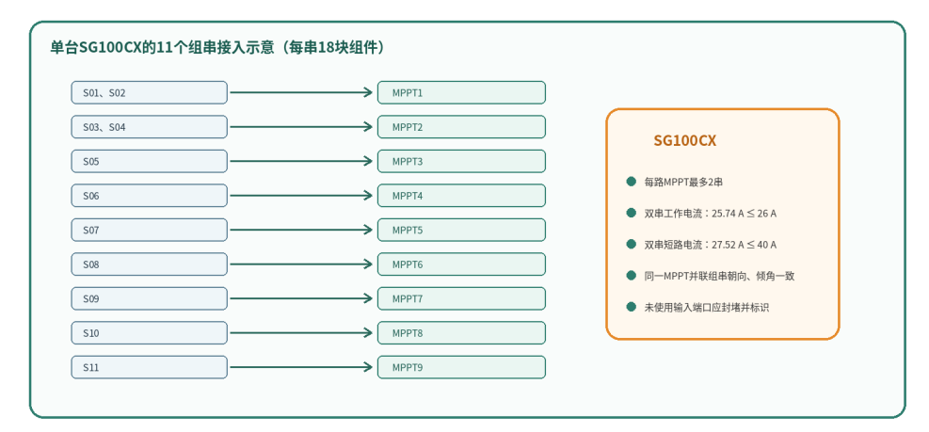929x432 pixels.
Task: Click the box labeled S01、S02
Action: (x=150, y=92)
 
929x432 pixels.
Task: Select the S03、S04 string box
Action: (x=150, y=127)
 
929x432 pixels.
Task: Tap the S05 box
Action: (x=150, y=161)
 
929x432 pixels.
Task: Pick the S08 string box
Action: (x=150, y=264)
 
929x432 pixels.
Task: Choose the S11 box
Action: (x=150, y=367)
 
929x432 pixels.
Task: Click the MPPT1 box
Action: (x=461, y=92)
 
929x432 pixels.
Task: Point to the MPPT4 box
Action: (x=461, y=196)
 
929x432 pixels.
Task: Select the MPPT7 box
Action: (x=461, y=298)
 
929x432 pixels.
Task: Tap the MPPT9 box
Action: (x=461, y=367)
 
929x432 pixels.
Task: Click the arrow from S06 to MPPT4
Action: (x=301, y=196)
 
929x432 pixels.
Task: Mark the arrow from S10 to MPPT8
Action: (x=301, y=333)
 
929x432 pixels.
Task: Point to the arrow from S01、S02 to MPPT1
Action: (x=301, y=92)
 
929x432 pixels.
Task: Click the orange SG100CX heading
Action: (x=685, y=141)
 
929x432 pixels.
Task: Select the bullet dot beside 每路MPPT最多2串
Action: (x=631, y=182)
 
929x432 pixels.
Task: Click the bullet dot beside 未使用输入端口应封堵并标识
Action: (x=631, y=307)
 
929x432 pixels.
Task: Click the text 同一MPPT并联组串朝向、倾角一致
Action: (x=719, y=276)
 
